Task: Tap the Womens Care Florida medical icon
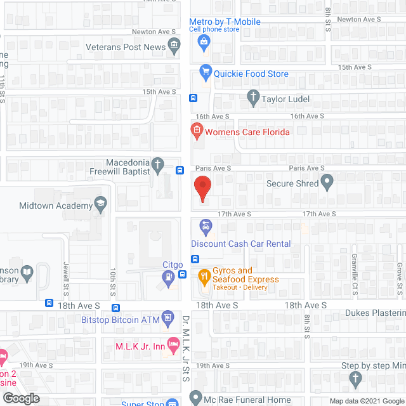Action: pyautogui.click(x=197, y=131)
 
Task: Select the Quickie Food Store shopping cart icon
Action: pyautogui.click(x=205, y=72)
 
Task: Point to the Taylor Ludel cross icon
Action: pyautogui.click(x=252, y=98)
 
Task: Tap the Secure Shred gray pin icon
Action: pyautogui.click(x=327, y=183)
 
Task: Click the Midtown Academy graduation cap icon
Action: pyautogui.click(x=100, y=204)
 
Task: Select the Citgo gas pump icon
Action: pyautogui.click(x=167, y=277)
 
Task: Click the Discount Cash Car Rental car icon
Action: pyautogui.click(x=205, y=226)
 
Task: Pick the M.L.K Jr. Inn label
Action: pyautogui.click(x=140, y=346)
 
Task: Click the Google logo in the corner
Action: pyautogui.click(x=20, y=398)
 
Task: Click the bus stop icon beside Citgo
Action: pyautogui.click(x=182, y=275)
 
